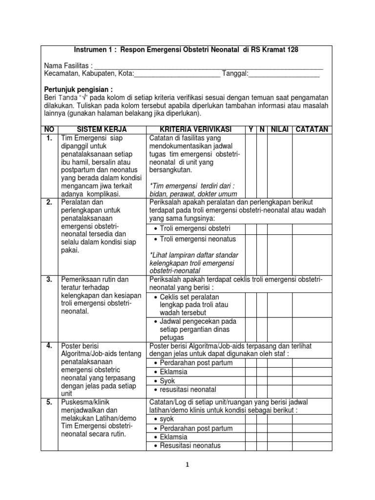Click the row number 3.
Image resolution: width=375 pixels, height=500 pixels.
49,279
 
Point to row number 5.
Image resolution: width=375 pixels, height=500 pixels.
49,402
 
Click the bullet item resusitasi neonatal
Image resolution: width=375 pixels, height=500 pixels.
188,390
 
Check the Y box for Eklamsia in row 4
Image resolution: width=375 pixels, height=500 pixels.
250,372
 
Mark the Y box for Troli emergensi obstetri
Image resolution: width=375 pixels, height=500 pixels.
250,229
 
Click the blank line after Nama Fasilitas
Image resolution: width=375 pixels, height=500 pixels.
208,66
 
